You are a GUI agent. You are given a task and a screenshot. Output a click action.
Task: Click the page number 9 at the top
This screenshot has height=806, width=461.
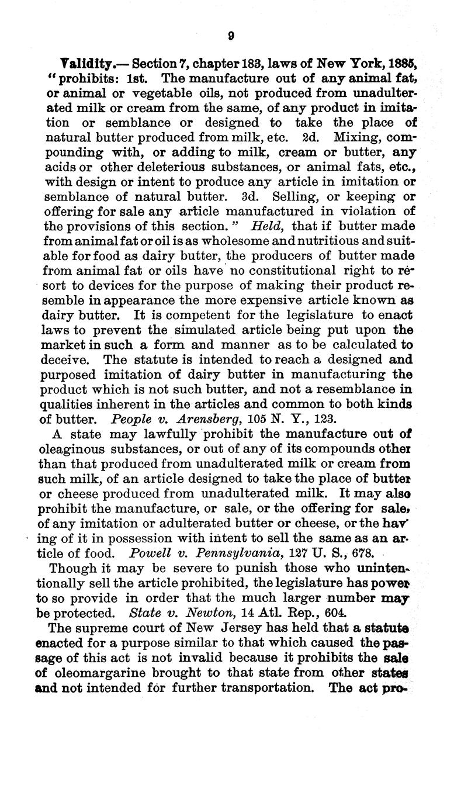coord(231,35)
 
